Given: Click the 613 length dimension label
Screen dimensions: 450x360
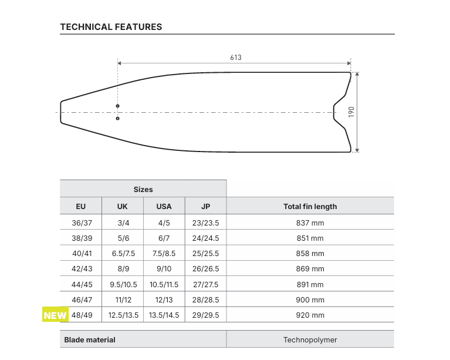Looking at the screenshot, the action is pyautogui.click(x=236, y=58).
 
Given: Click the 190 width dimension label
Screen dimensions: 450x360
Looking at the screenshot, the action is pyautogui.click(x=351, y=112).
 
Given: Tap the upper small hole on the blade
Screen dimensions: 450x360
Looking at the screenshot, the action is pyautogui.click(x=118, y=106).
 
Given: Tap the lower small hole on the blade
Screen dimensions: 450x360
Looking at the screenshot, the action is pyautogui.click(x=118, y=119).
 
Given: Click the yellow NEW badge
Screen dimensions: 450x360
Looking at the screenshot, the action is pyautogui.click(x=55, y=314).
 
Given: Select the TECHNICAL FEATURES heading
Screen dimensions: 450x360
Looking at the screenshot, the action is pyautogui.click(x=111, y=26).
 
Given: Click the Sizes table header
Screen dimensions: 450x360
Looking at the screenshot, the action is pyautogui.click(x=143, y=189).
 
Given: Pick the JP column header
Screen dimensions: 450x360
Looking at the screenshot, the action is pyautogui.click(x=206, y=206).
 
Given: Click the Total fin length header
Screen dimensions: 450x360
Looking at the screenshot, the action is pyautogui.click(x=310, y=206).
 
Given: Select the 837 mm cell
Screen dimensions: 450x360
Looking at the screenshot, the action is pyautogui.click(x=310, y=223).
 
